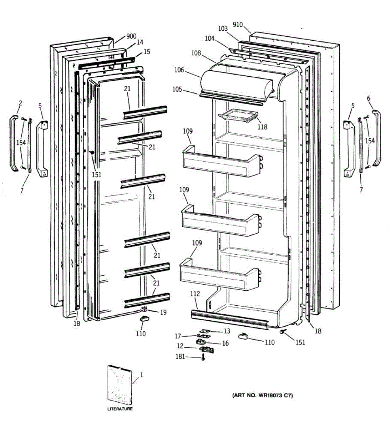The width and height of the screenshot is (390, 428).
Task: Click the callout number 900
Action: point(131,36)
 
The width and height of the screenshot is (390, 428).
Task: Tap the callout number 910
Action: point(238,25)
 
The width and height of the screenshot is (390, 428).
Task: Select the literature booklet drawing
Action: point(120,383)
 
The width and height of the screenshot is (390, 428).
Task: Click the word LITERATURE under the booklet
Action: point(120,409)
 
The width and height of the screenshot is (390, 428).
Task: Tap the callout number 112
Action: point(195,294)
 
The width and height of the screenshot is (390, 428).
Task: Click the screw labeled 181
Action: point(203,357)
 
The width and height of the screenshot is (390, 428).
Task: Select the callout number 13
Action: point(227,331)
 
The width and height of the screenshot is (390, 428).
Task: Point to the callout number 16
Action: point(226,343)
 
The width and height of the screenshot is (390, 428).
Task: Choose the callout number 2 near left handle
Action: point(20,103)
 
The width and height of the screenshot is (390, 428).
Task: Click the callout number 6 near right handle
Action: point(369,98)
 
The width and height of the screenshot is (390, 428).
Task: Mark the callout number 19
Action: point(163,312)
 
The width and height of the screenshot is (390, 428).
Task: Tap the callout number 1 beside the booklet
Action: point(141,375)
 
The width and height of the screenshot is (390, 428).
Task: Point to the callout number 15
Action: point(147,52)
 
